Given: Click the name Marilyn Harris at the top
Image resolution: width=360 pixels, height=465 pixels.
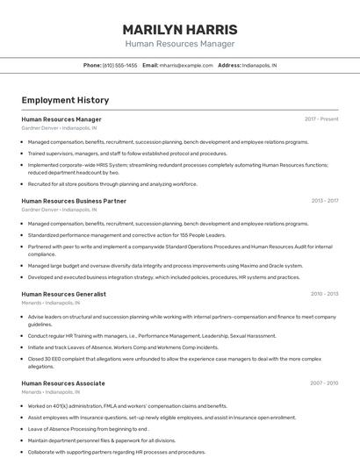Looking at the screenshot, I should click(x=179, y=29).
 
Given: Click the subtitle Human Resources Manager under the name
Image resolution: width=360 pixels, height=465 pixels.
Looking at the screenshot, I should click(x=179, y=43).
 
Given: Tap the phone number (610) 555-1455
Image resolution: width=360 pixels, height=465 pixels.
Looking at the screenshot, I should click(x=119, y=65).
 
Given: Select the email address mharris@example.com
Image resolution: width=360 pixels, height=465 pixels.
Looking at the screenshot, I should click(x=186, y=65).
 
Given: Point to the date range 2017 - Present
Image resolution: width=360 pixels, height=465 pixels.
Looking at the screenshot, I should click(x=321, y=118).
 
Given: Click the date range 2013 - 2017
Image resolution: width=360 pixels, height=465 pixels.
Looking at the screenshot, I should click(x=324, y=201).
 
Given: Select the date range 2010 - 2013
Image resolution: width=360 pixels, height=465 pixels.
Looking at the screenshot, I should click(x=324, y=294).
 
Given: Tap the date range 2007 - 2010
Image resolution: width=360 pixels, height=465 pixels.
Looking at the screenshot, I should click(x=324, y=383).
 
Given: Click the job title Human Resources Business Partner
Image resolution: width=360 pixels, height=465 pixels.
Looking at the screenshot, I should click(x=74, y=201).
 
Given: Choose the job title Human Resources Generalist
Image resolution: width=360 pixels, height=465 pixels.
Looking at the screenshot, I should click(x=63, y=294).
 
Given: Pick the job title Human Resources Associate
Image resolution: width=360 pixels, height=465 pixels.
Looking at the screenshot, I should click(x=63, y=383).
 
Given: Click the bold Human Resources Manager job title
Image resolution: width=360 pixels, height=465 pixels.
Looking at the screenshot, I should click(x=61, y=119).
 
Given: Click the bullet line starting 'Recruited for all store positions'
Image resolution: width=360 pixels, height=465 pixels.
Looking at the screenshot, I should click(x=112, y=184).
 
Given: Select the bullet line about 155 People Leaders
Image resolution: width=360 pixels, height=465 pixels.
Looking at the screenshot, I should click(x=126, y=235).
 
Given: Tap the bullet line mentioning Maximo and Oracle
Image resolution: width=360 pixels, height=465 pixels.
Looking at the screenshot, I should click(x=165, y=265).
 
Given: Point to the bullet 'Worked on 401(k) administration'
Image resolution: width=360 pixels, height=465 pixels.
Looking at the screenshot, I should click(x=127, y=406).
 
